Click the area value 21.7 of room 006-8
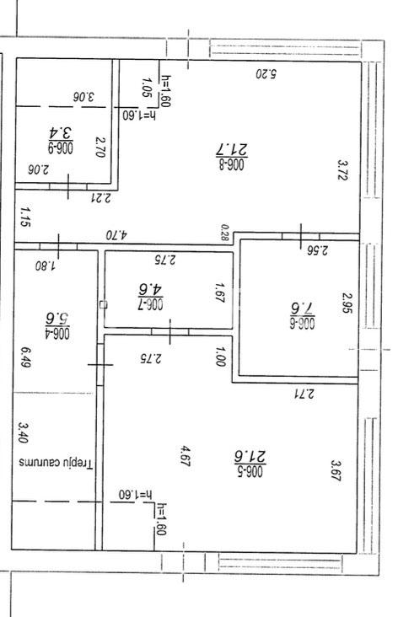tap(232, 149)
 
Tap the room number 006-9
tap(61, 148)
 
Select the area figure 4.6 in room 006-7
tap(150, 289)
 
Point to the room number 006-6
tap(302, 323)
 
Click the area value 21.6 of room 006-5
tap(250, 457)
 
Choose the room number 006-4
tap(57, 333)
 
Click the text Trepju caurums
tap(56, 463)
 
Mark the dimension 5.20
tap(266, 73)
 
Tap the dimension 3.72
tap(342, 169)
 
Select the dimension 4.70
tap(116, 235)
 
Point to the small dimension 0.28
tap(225, 232)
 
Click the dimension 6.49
tap(25, 357)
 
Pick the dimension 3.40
tap(24, 432)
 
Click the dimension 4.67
tap(185, 456)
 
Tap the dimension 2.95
tap(347, 303)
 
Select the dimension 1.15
tap(24, 217)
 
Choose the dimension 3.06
tap(83, 97)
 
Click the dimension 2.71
tap(304, 393)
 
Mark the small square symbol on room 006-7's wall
tap(104, 304)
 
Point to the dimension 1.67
tap(220, 292)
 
